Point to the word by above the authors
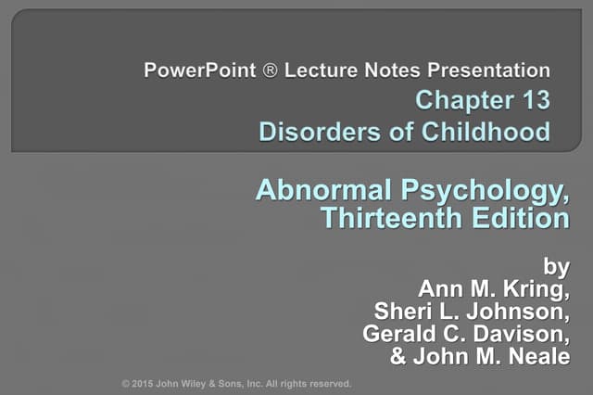pos(555,268)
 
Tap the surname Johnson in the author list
pos(520,311)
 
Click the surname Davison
pos(527,333)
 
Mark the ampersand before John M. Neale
pos(399,355)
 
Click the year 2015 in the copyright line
pos(145,383)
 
